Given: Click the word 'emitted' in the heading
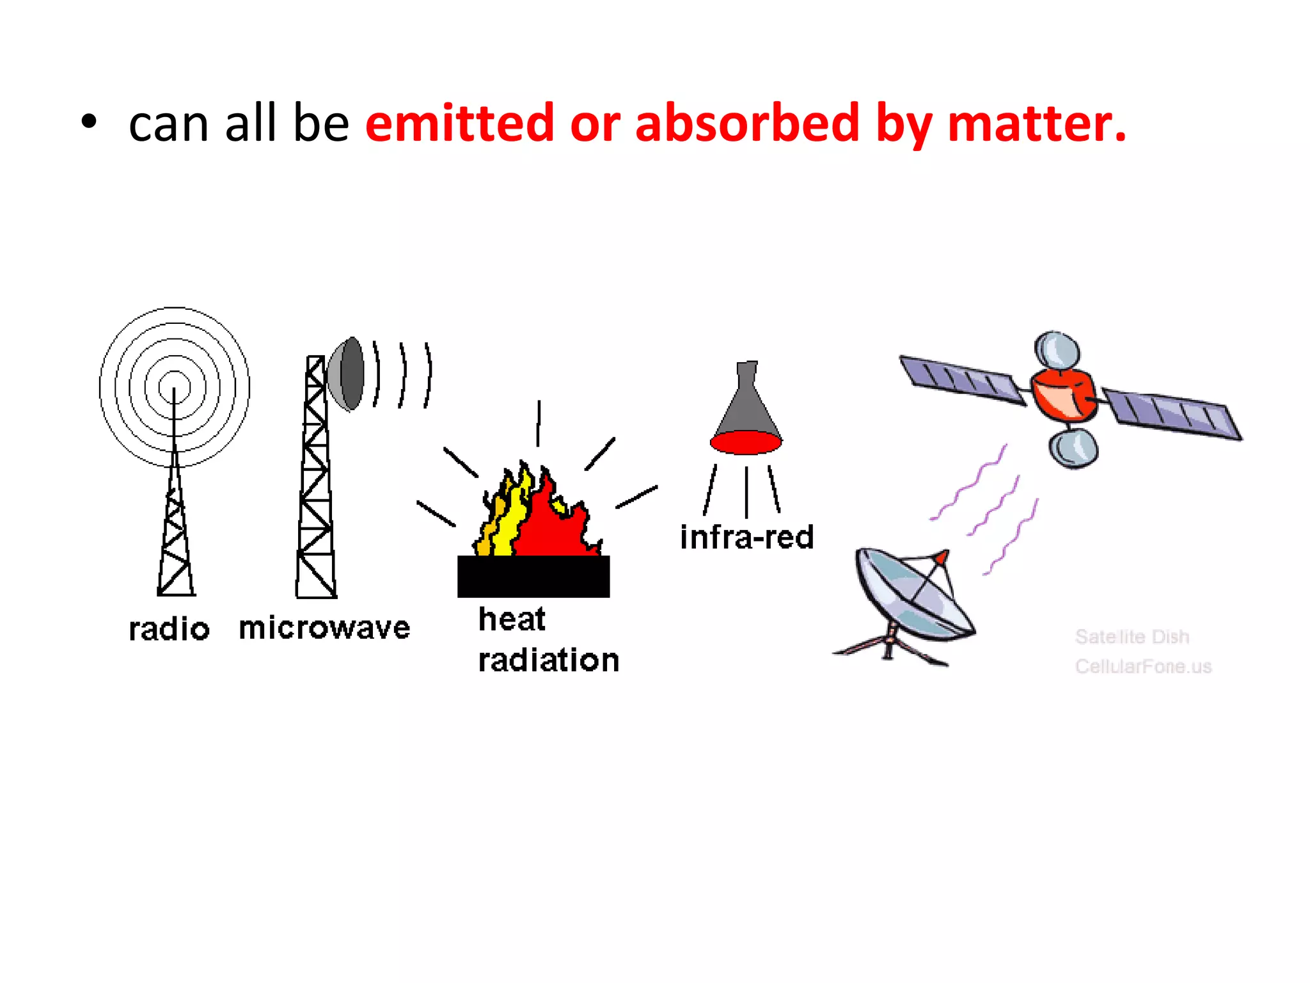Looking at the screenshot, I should pyautogui.click(x=459, y=123).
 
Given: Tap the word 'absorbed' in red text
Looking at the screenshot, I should pyautogui.click(x=747, y=123).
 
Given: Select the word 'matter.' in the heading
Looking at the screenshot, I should pyautogui.click(x=1036, y=123).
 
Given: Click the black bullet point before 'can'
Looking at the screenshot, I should pyautogui.click(x=89, y=122).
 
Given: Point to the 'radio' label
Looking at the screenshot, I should pyautogui.click(x=169, y=629).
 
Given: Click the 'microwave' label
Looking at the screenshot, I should pyautogui.click(x=324, y=628).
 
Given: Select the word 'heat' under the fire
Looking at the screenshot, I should pyautogui.click(x=512, y=619).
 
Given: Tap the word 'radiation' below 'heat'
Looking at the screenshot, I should pyautogui.click(x=549, y=660).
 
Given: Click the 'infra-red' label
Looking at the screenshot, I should pyautogui.click(x=746, y=537).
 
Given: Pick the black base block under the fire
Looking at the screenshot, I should pyautogui.click(x=533, y=576).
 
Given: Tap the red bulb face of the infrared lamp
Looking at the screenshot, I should pyautogui.click(x=746, y=442).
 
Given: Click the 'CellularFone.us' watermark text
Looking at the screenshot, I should pyautogui.click(x=1143, y=666).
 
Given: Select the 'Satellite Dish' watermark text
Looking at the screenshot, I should pyautogui.click(x=1132, y=637).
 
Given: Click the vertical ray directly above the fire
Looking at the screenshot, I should pyautogui.click(x=539, y=423).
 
